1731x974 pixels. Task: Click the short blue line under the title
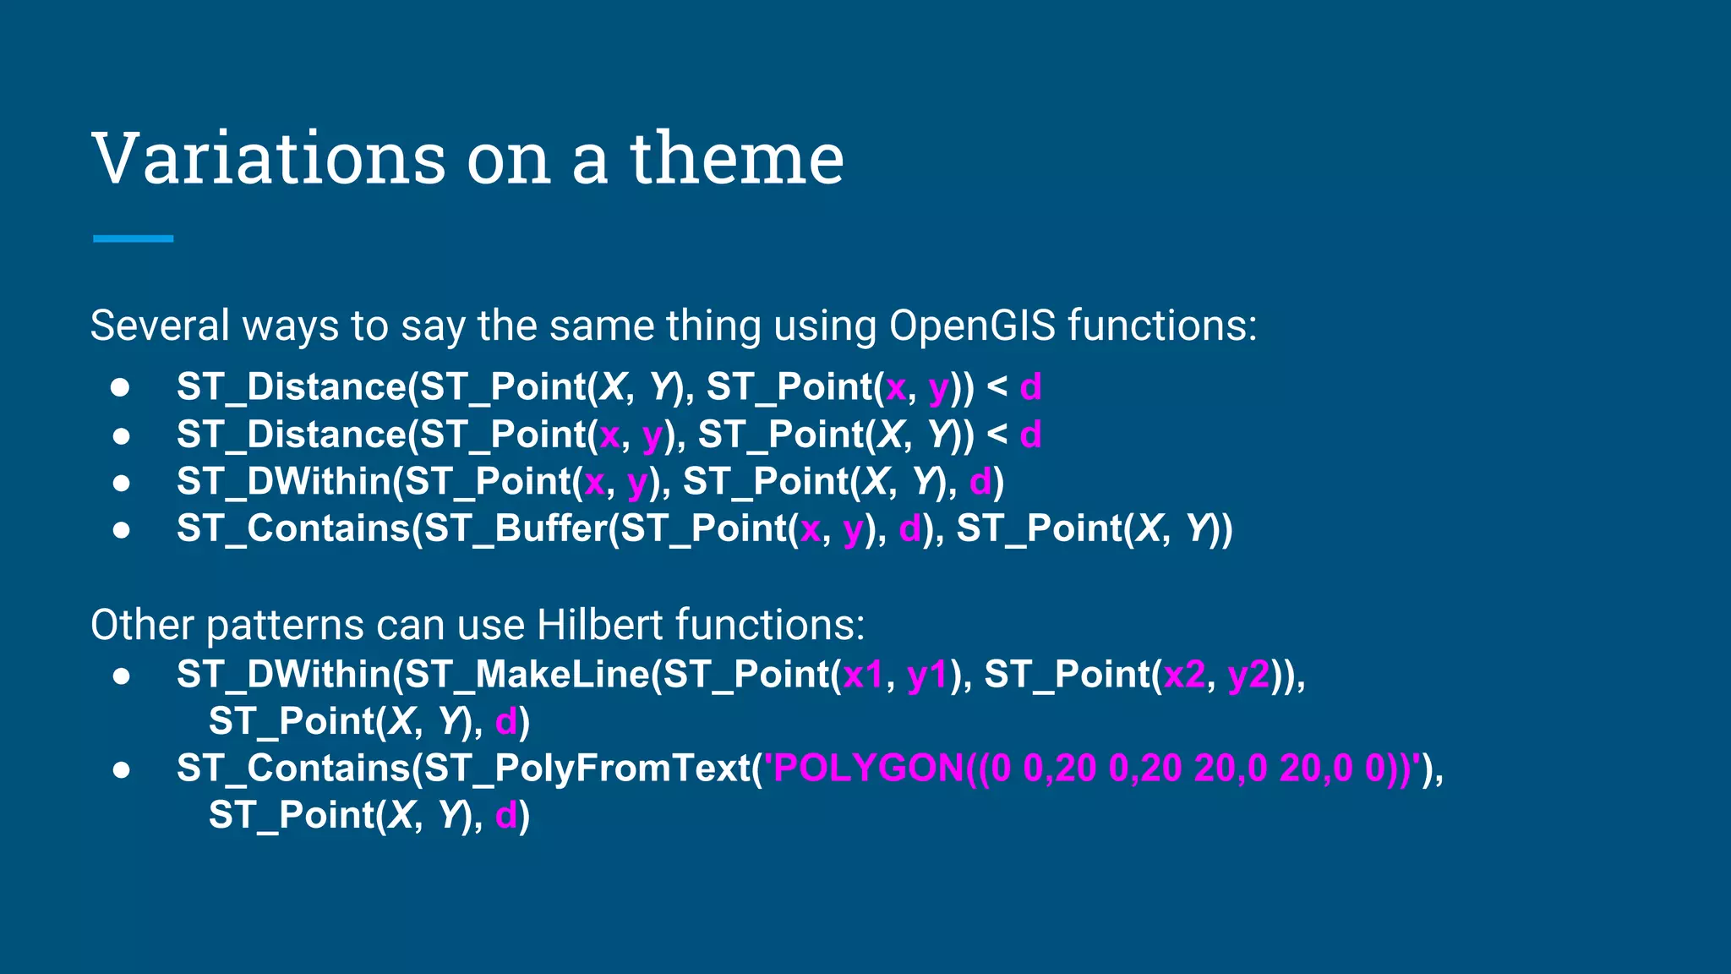coord(134,238)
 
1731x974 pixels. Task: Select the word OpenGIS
coord(972,326)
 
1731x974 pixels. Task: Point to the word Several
coord(160,326)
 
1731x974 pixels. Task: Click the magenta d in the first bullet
coord(1030,387)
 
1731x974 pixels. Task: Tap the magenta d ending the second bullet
coord(1030,435)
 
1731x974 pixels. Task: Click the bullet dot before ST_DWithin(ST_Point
coord(122,483)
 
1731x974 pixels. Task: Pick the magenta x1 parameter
coord(862,675)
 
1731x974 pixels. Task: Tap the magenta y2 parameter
coord(1248,675)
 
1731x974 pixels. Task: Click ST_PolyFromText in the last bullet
coord(587,769)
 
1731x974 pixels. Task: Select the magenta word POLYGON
coord(867,769)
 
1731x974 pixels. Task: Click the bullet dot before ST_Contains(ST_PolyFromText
coord(122,769)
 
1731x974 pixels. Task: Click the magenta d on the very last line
coord(505,816)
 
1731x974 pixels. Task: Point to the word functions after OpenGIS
coord(1162,326)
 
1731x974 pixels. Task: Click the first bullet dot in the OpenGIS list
coord(121,387)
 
